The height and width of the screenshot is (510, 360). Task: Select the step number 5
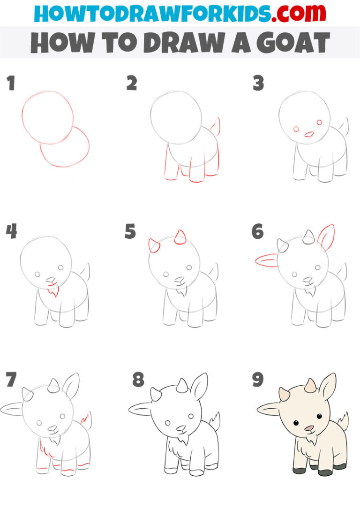(130, 231)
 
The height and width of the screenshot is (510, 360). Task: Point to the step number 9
(257, 380)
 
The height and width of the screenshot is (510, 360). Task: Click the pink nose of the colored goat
(309, 428)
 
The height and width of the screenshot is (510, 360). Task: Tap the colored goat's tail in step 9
(344, 421)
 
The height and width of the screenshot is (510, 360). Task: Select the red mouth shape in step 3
(309, 134)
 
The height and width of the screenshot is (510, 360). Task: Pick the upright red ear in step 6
(327, 237)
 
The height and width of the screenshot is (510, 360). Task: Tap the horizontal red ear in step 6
(266, 260)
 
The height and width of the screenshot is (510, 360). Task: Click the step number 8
(138, 380)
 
